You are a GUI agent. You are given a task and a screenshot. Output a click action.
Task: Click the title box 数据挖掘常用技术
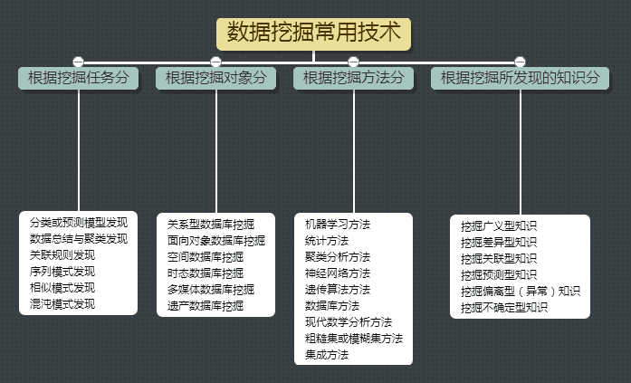(x=314, y=34)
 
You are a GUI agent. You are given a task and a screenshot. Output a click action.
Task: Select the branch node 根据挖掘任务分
(x=78, y=79)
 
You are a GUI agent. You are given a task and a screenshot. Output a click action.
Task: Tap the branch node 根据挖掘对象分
(x=215, y=79)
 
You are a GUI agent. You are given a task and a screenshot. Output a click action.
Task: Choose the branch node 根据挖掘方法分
(x=353, y=79)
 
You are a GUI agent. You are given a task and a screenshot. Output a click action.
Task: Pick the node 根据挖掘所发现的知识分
(x=520, y=79)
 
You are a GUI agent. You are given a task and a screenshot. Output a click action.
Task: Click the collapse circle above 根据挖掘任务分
(x=78, y=62)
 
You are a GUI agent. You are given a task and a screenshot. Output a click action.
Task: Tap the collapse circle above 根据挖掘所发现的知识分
(x=520, y=62)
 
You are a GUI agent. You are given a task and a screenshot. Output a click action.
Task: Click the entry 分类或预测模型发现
(x=78, y=223)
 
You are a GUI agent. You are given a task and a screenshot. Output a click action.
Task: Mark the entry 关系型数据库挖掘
(x=211, y=224)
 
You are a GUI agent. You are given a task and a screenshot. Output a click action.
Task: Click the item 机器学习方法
(x=338, y=224)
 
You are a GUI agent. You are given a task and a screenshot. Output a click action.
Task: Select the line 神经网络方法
(x=338, y=273)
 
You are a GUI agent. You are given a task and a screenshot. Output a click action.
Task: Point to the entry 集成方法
(x=327, y=354)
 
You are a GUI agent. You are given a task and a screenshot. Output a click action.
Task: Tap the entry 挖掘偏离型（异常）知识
(x=520, y=291)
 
